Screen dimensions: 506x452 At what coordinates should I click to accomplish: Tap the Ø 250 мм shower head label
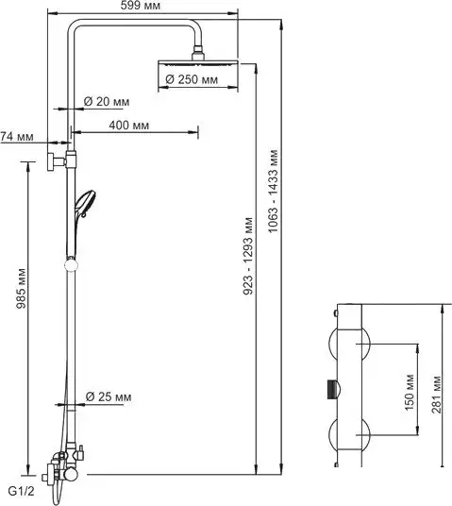coord(198,80)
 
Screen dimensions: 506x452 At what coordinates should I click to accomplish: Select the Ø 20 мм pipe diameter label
coord(107,101)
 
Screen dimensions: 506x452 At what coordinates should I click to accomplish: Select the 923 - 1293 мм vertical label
coord(247,256)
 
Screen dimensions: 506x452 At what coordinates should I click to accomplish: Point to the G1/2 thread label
coord(22,491)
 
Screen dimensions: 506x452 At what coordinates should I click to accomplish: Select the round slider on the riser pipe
coord(68,263)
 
